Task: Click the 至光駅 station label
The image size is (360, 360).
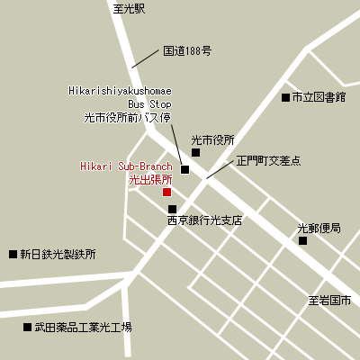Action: point(129,8)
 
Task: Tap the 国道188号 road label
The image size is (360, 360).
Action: point(187,51)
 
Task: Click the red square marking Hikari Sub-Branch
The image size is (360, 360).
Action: point(166,192)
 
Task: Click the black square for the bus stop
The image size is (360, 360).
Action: point(185,169)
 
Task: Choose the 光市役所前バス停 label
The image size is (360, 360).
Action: point(127,117)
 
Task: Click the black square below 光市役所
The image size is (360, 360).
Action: point(196,152)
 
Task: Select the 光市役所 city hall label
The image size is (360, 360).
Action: point(212,139)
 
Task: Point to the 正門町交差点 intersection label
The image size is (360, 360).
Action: point(268,161)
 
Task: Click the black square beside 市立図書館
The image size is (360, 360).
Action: point(285,96)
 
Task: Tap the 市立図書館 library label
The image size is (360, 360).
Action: point(319,96)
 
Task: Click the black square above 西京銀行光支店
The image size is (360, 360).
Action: point(172,209)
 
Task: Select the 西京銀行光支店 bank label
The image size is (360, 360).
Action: point(204,220)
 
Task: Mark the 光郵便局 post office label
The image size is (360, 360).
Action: point(319,228)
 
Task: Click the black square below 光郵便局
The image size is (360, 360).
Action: point(303,240)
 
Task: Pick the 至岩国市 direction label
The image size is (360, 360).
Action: point(328,299)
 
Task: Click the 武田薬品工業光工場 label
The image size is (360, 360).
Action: point(77,327)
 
